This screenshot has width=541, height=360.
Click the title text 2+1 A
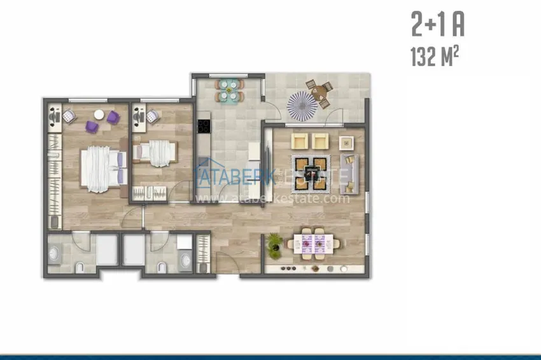pos(438,24)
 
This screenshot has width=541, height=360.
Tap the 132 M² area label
pos(435,57)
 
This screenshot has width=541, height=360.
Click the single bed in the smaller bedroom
pos(155,153)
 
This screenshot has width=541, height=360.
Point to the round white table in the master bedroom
pos(99,114)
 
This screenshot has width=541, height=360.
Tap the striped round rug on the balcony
pos(302,106)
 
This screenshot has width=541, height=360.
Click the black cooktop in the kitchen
pos(204,126)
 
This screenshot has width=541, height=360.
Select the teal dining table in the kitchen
pos(228,91)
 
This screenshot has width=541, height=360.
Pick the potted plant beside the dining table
pos(275,246)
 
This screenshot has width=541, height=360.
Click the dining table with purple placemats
pos(314,244)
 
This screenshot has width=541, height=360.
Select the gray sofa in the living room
pos(349,174)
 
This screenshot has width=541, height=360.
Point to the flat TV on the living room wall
pos(268,166)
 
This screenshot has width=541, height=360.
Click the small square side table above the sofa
pos(346,142)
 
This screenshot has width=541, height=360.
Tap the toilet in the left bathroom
pos(80,268)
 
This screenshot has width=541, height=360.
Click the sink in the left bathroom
pos(54,254)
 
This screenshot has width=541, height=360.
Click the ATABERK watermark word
pos(235,177)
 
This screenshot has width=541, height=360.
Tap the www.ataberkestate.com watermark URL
pos(272,198)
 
